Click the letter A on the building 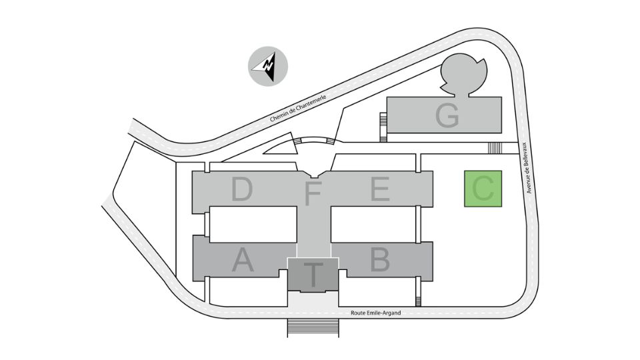tap(243, 260)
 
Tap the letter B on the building tap(379, 259)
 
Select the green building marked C tap(483, 189)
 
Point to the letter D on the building tap(241, 189)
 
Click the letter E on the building tap(379, 189)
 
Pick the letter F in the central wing tap(313, 193)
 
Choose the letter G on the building tap(447, 115)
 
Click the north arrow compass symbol tap(268, 66)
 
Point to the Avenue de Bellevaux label tap(528, 168)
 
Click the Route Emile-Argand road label tap(376, 313)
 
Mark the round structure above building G tap(463, 75)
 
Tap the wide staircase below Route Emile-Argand tap(313, 328)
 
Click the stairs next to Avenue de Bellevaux tap(495, 148)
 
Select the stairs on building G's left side tap(383, 127)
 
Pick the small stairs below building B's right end tap(418, 301)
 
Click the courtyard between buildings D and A tap(253, 224)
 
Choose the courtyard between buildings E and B tap(373, 224)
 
